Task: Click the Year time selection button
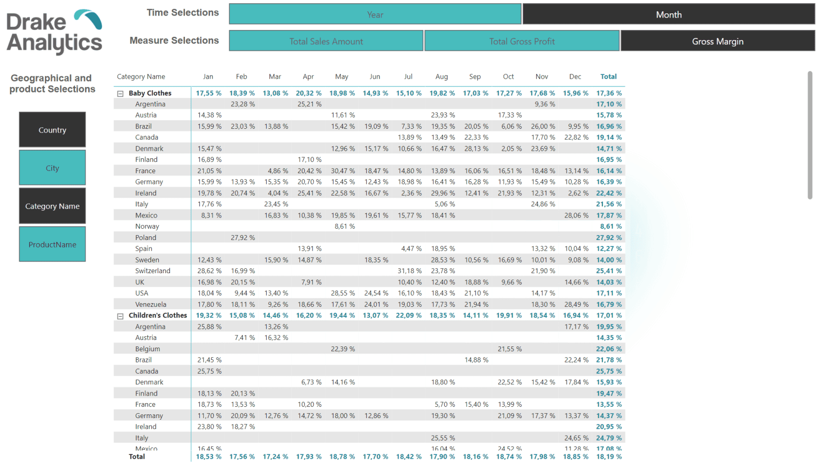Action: (x=375, y=14)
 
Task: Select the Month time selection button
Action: (x=669, y=14)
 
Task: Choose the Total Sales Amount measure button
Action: (x=326, y=41)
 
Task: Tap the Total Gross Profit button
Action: (x=522, y=41)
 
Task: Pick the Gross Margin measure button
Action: (x=717, y=41)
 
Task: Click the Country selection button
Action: (x=52, y=130)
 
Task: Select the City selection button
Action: (x=52, y=168)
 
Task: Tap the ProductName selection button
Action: (x=52, y=244)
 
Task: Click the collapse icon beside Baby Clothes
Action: (x=120, y=94)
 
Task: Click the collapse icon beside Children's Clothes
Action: (x=120, y=316)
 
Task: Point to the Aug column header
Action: (x=442, y=76)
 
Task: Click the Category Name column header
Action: (x=141, y=76)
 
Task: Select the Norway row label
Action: (x=147, y=226)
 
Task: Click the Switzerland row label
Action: (x=152, y=271)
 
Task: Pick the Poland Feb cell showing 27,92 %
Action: (x=243, y=237)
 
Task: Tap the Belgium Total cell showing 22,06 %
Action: (x=609, y=349)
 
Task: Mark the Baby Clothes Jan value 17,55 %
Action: (x=208, y=93)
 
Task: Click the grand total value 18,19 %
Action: (x=609, y=457)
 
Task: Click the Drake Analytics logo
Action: (x=54, y=32)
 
